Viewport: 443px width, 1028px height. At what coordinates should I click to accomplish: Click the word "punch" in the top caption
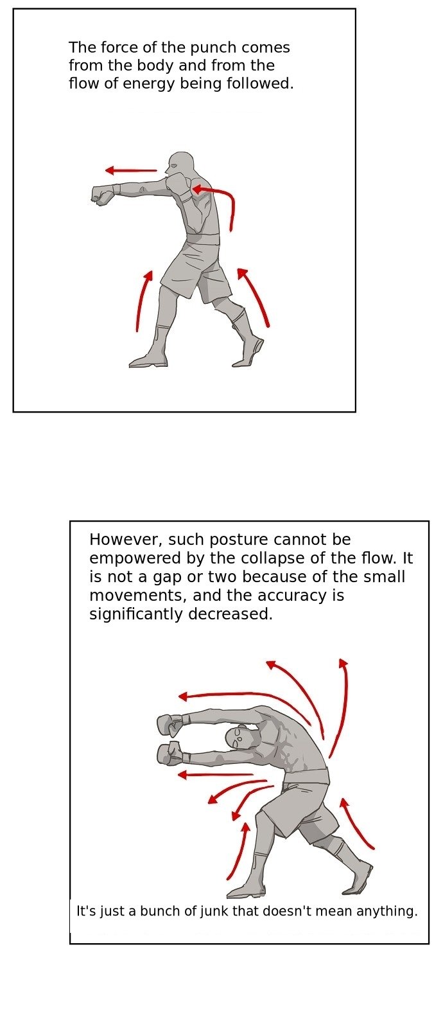click(214, 48)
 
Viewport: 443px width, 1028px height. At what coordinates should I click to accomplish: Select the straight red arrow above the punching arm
click(131, 171)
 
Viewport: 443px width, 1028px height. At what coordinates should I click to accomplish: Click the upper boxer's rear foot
click(248, 353)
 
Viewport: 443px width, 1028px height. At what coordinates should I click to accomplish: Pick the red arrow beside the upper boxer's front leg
click(143, 301)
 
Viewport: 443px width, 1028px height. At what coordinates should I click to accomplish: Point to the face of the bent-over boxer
click(238, 738)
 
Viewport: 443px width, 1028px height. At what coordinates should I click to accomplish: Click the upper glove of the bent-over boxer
click(170, 724)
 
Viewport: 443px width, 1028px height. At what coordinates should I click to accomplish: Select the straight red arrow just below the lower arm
click(214, 775)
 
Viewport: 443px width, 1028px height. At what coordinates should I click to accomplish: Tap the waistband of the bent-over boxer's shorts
click(306, 775)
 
